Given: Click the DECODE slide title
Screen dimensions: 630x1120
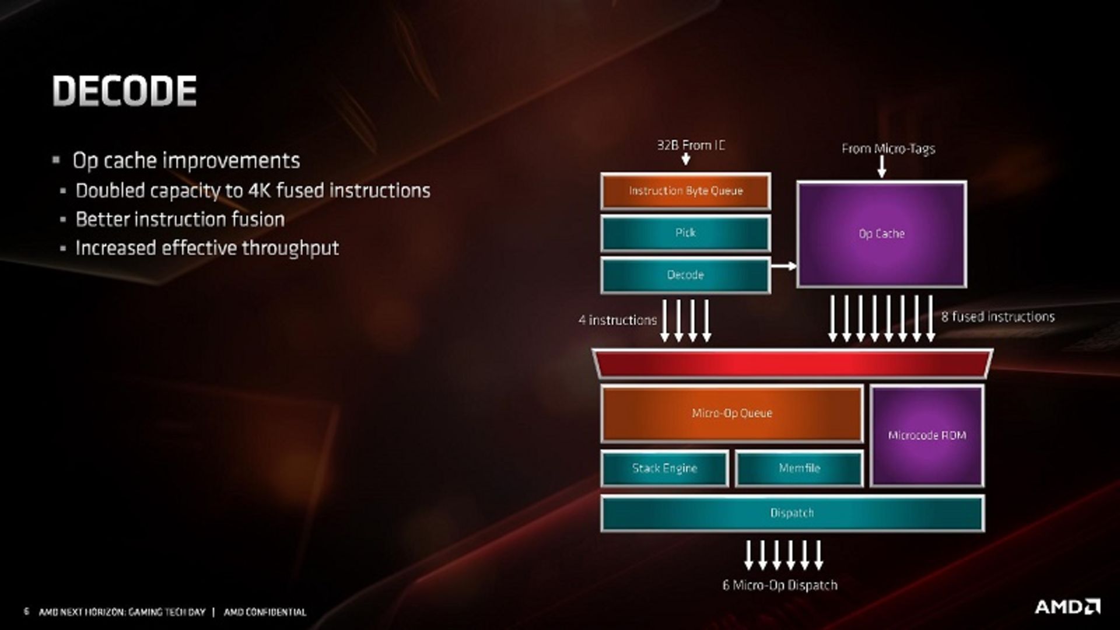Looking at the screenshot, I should pyautogui.click(x=124, y=91).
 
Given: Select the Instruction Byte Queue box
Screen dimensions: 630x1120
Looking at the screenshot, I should pyautogui.click(x=685, y=191).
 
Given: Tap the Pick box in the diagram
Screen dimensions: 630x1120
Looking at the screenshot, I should pyautogui.click(x=685, y=233).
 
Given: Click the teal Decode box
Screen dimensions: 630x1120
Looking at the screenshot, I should pyautogui.click(x=685, y=275).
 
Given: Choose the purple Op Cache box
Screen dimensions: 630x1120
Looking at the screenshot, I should pyautogui.click(x=881, y=234).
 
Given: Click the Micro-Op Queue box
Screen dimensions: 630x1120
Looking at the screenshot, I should pyautogui.click(x=731, y=413).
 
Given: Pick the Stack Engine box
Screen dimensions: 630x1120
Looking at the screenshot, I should pyautogui.click(x=664, y=468).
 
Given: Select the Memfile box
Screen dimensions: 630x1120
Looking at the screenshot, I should pyautogui.click(x=799, y=468).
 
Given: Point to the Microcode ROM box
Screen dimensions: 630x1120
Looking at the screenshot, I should pyautogui.click(x=927, y=435).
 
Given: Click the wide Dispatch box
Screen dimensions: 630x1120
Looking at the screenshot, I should pyautogui.click(x=792, y=513).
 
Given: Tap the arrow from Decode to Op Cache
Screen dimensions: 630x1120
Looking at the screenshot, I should pyautogui.click(x=783, y=266).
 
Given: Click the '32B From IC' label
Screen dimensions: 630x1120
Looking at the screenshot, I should pyautogui.click(x=691, y=145).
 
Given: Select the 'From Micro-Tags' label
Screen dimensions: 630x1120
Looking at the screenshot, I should pyautogui.click(x=888, y=149).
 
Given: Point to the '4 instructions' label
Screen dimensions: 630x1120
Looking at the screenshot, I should pyautogui.click(x=617, y=320).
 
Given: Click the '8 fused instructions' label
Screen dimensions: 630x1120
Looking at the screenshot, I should pyautogui.click(x=998, y=317).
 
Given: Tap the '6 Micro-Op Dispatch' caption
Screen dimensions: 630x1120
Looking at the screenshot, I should pyautogui.click(x=780, y=585).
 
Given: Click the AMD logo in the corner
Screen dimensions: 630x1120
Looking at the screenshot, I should pyautogui.click(x=1067, y=607).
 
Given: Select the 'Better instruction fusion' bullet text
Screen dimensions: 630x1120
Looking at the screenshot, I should pyautogui.click(x=180, y=219).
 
